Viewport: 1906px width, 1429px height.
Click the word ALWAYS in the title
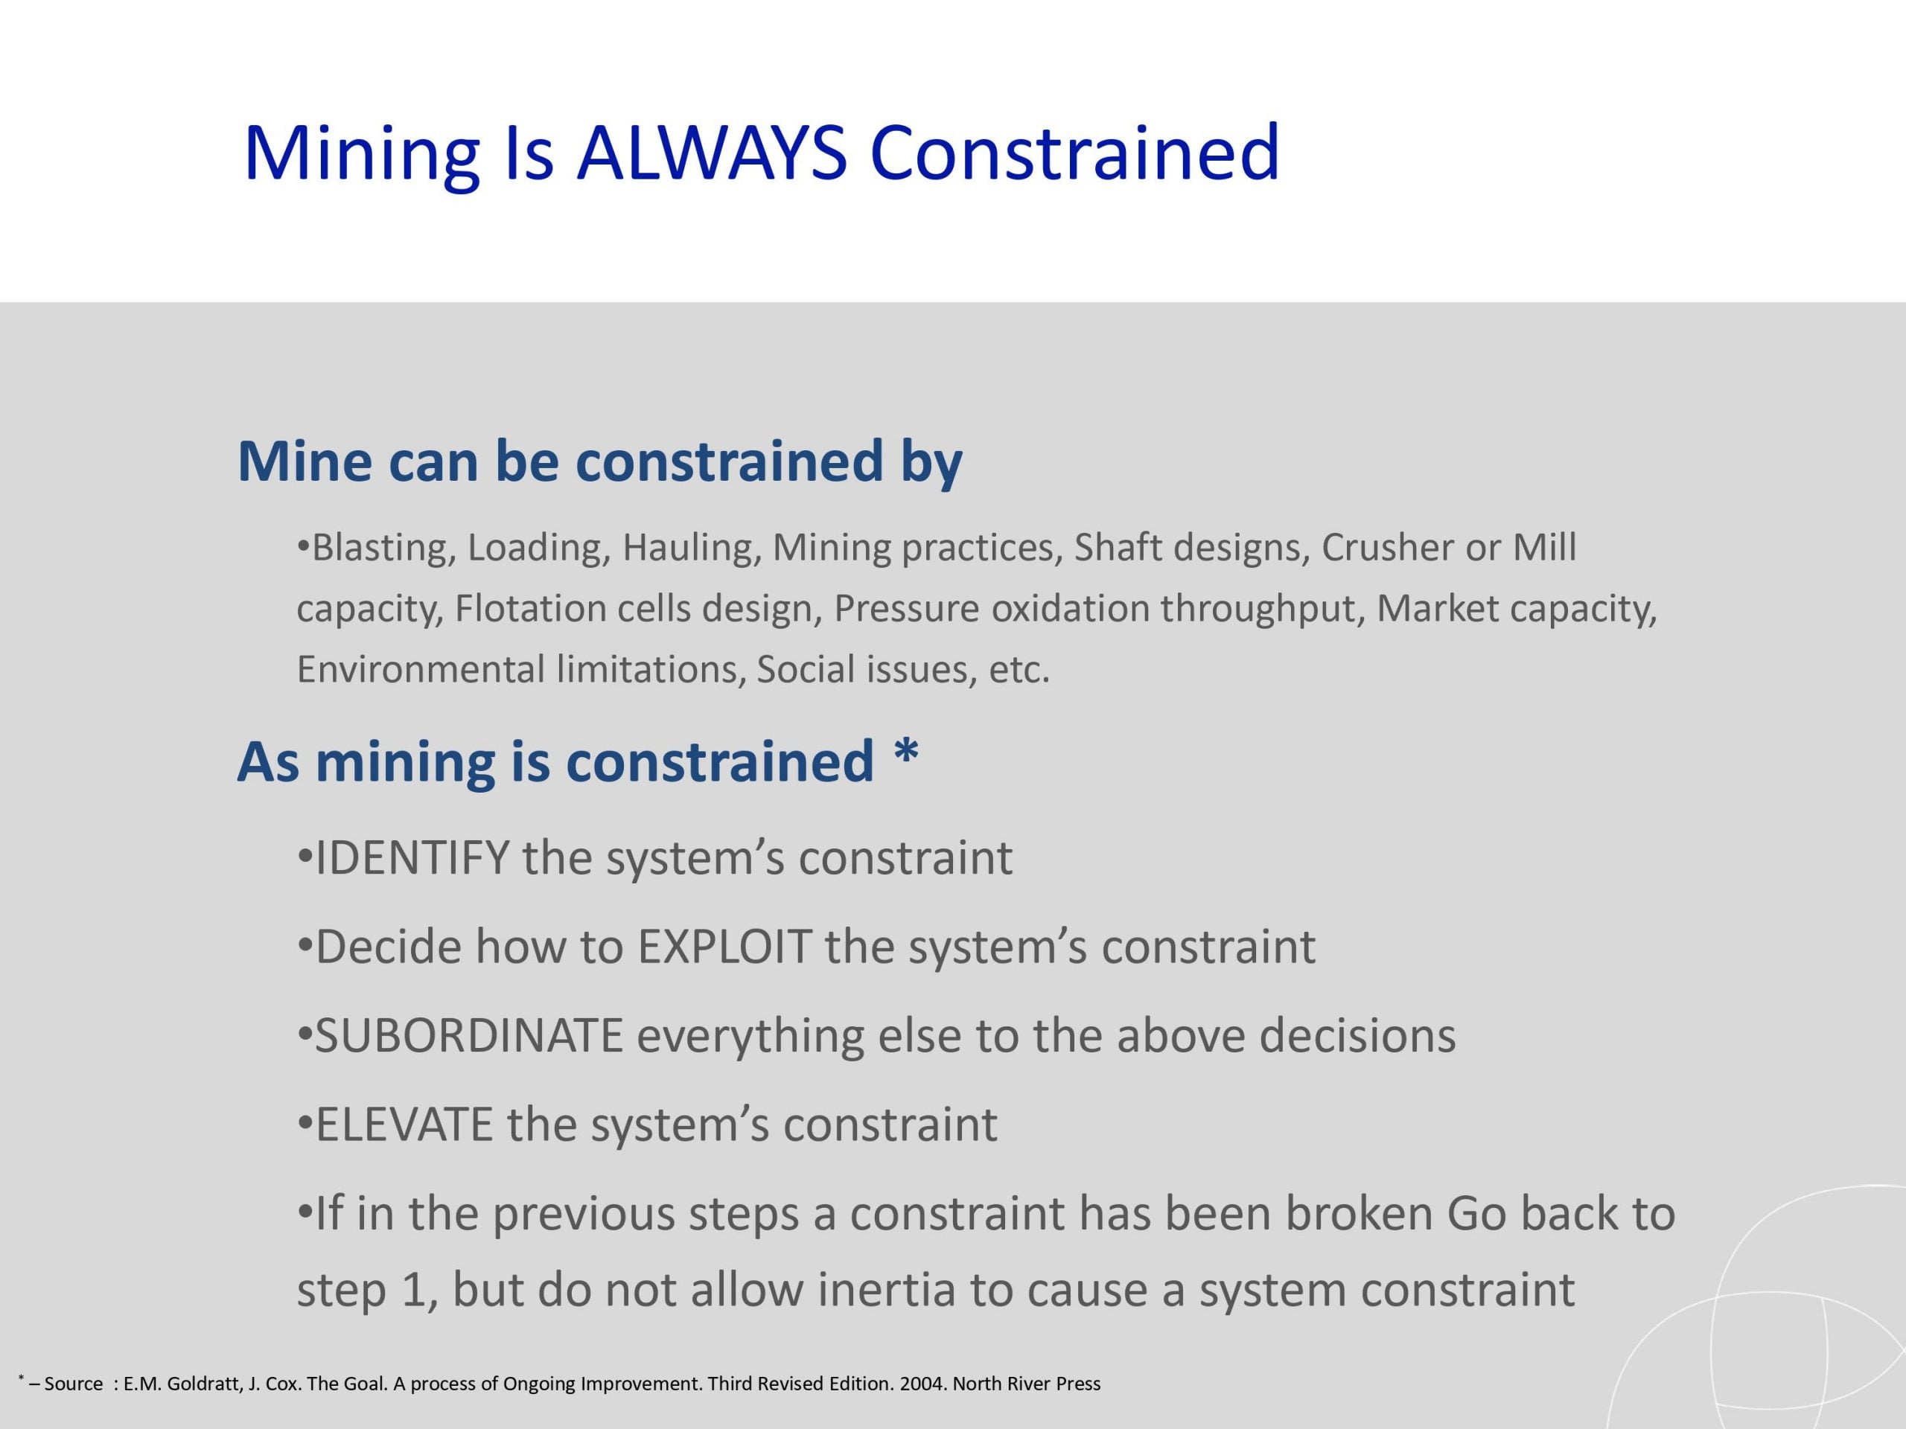(713, 153)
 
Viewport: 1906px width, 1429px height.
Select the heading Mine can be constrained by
(599, 462)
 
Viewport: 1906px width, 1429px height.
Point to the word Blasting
(379, 549)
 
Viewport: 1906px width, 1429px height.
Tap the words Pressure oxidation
(991, 609)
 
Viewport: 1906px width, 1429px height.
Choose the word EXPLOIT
(724, 947)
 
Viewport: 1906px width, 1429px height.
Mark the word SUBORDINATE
(469, 1035)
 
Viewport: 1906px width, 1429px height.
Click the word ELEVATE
(404, 1125)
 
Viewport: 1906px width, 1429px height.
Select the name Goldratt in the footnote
(205, 1384)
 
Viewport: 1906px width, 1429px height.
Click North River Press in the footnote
(1026, 1384)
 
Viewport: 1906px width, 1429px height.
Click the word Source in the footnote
(73, 1384)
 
